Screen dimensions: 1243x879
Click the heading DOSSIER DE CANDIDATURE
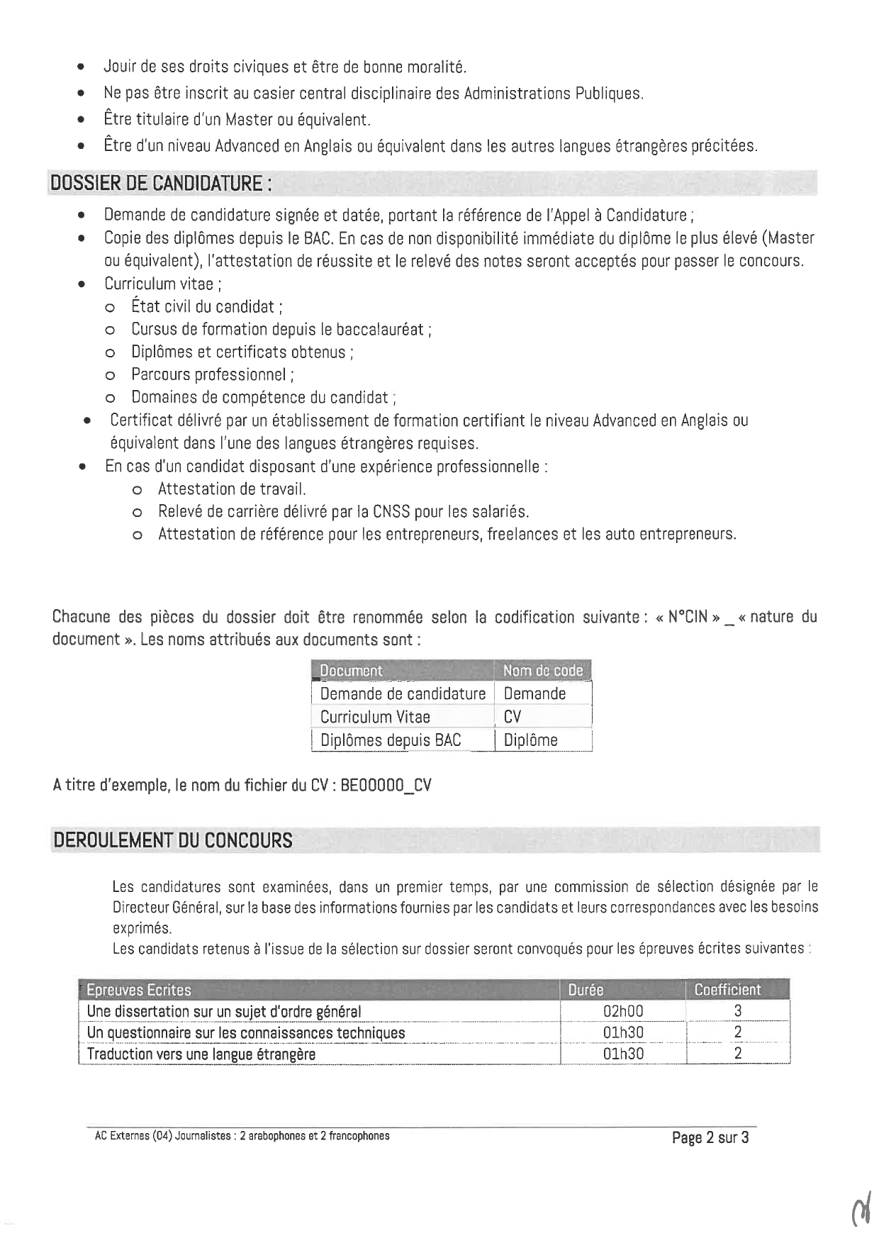point(160,184)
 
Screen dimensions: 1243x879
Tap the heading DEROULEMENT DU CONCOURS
point(173,840)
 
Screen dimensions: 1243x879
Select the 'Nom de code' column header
point(542,670)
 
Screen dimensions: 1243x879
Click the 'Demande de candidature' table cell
point(403,693)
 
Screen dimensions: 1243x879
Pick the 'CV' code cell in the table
point(513,717)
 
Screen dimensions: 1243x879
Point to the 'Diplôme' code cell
point(530,740)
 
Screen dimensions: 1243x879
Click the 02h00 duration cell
point(623,1011)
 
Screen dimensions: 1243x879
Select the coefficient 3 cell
point(738,1011)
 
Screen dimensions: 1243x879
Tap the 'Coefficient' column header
point(727,990)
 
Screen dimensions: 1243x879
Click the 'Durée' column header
point(586,990)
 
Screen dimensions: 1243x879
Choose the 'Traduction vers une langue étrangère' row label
point(201,1054)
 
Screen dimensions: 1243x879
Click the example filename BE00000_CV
point(386,786)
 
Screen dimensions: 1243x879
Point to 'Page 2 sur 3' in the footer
point(710,1137)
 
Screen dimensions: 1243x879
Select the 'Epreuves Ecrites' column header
point(139,990)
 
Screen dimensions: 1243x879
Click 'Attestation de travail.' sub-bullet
point(232,489)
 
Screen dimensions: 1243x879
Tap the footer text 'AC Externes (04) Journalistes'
point(162,1135)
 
